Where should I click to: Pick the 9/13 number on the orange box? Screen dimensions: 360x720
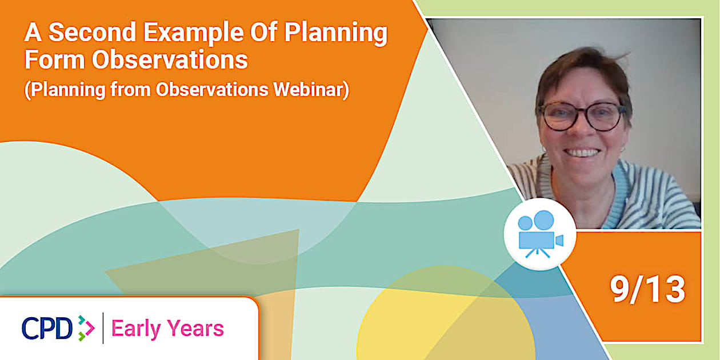(x=647, y=290)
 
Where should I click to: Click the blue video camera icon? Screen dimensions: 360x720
(x=539, y=234)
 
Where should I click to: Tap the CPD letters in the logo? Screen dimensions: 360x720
(x=47, y=328)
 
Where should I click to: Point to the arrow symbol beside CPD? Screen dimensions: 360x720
(x=85, y=328)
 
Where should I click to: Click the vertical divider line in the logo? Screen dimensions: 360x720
(x=103, y=328)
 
